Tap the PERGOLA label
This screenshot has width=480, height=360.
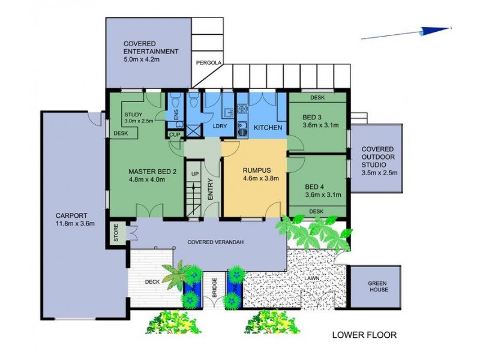point(208,63)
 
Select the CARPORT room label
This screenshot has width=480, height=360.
point(71,215)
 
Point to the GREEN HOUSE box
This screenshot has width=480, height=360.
point(376,287)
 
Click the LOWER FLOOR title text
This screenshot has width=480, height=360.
point(364,335)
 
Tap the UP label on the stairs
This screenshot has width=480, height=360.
point(195,174)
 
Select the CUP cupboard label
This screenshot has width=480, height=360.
point(175,134)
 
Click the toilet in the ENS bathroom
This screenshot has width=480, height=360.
point(175,100)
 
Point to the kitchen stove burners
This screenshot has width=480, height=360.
point(242,109)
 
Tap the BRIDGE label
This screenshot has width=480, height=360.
point(215,287)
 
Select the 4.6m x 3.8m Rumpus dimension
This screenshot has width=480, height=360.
point(261,178)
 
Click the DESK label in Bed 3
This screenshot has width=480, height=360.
point(317,98)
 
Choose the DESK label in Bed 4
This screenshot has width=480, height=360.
point(316,211)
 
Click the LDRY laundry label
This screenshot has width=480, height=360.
point(220,126)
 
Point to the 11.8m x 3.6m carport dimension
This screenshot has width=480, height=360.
point(75,223)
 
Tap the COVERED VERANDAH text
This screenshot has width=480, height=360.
point(215,242)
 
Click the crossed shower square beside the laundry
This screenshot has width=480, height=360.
point(193,131)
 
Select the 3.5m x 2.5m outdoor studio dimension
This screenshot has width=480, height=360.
point(380,173)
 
